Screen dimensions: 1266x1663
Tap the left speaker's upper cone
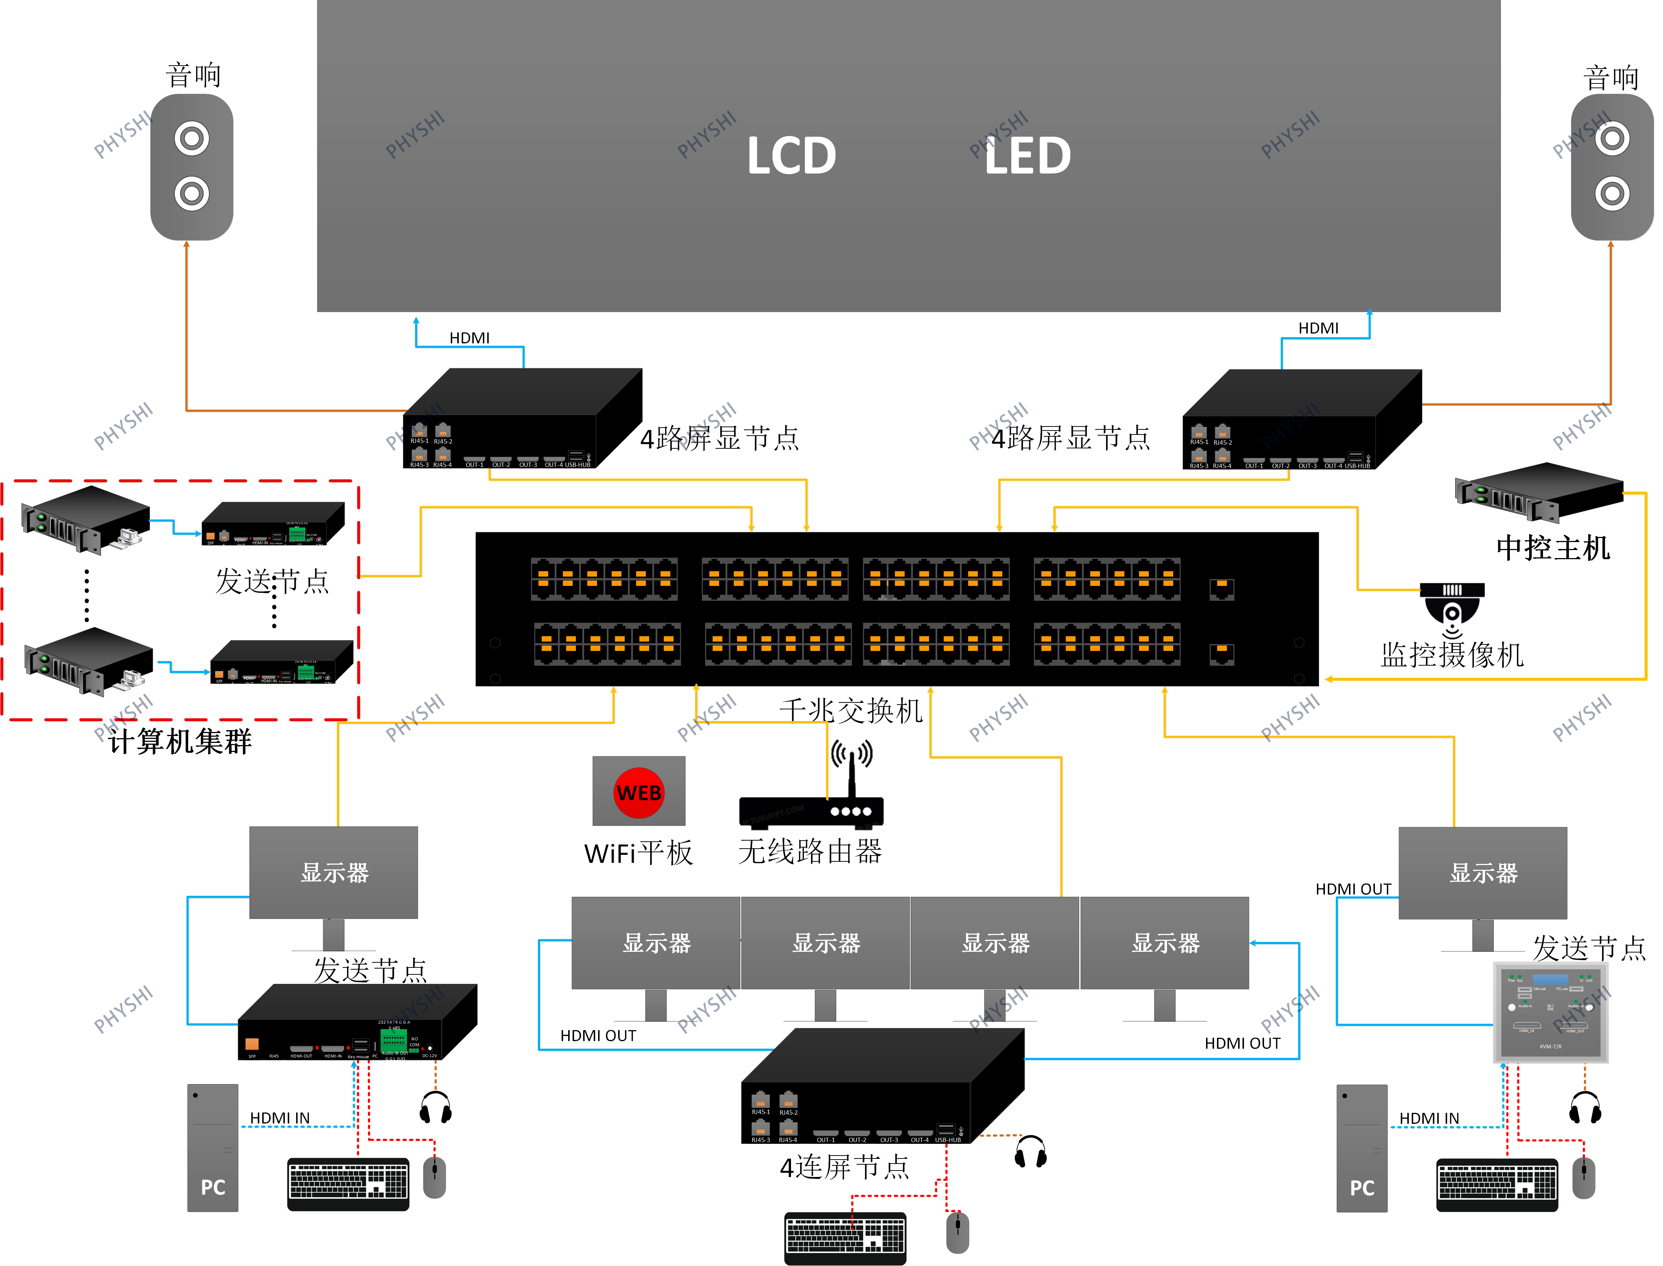[191, 139]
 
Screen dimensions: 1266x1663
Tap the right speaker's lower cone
[1612, 194]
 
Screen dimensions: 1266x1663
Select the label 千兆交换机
[850, 710]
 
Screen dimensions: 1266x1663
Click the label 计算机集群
[179, 741]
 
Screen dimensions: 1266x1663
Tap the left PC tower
[213, 1147]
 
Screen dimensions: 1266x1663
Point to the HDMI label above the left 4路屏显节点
[469, 338]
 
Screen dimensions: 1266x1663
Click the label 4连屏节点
[844, 1167]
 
